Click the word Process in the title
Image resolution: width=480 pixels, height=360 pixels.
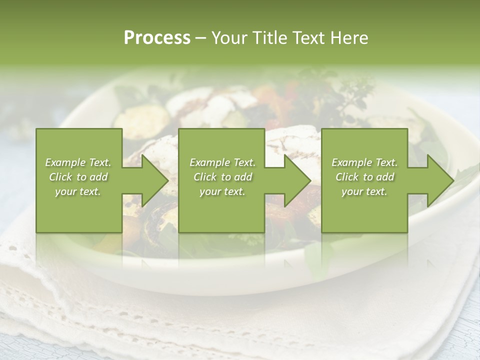click(157, 38)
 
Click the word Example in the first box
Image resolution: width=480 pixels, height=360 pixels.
click(65, 162)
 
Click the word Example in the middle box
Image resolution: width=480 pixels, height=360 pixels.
click(209, 162)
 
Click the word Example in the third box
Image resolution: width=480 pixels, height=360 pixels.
click(351, 162)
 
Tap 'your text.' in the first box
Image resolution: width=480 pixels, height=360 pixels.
click(78, 191)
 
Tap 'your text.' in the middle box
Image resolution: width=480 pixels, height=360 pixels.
click(222, 191)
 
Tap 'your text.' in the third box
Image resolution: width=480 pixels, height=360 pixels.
click(364, 191)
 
